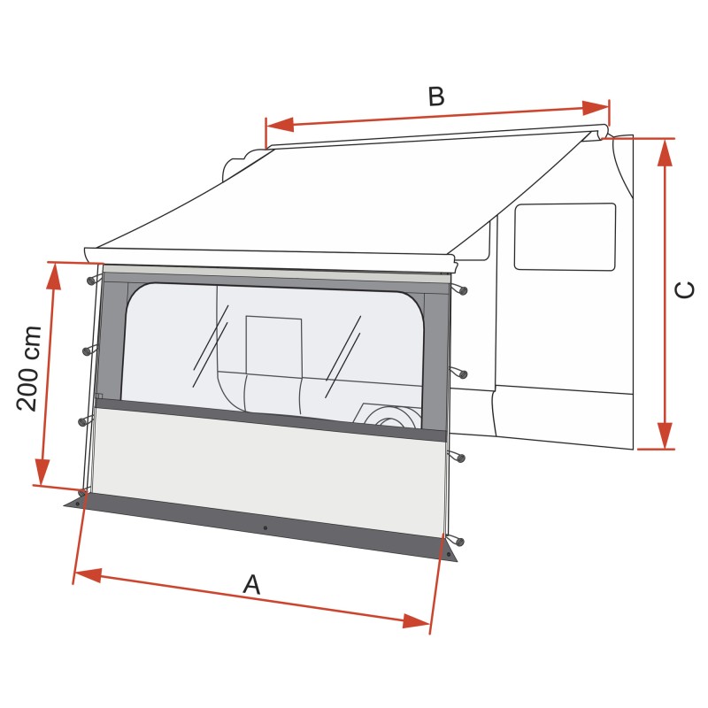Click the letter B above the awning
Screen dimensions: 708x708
(x=435, y=96)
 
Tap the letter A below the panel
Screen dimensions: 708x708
(x=252, y=584)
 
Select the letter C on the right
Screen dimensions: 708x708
(x=684, y=290)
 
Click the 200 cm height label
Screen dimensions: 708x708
(x=29, y=368)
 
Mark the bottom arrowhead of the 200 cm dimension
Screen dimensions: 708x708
(x=42, y=472)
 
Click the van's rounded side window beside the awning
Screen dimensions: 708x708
(x=565, y=236)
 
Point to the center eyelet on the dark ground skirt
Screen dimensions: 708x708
(x=265, y=528)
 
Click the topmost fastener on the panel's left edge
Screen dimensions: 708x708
(x=92, y=281)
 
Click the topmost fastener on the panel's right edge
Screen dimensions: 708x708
(x=461, y=289)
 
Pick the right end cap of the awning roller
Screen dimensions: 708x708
(x=602, y=133)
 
